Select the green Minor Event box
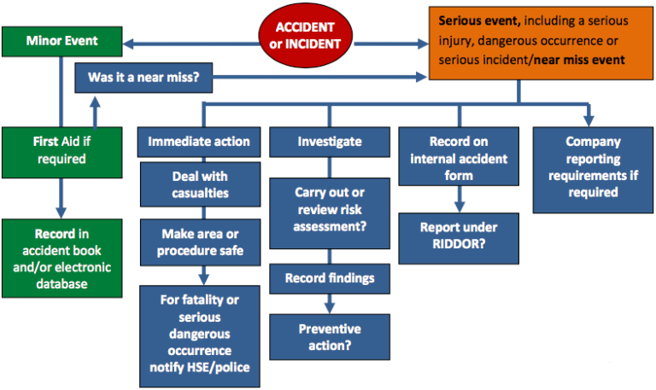[61, 40]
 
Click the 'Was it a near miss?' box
[144, 79]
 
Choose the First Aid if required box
[61, 150]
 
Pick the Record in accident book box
[61, 258]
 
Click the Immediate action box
[199, 142]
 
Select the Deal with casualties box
[199, 185]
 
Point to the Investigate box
[330, 142]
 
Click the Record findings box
[330, 278]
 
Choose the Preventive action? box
[330, 337]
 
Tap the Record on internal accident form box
[459, 159]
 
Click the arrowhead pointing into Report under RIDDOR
[460, 207]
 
